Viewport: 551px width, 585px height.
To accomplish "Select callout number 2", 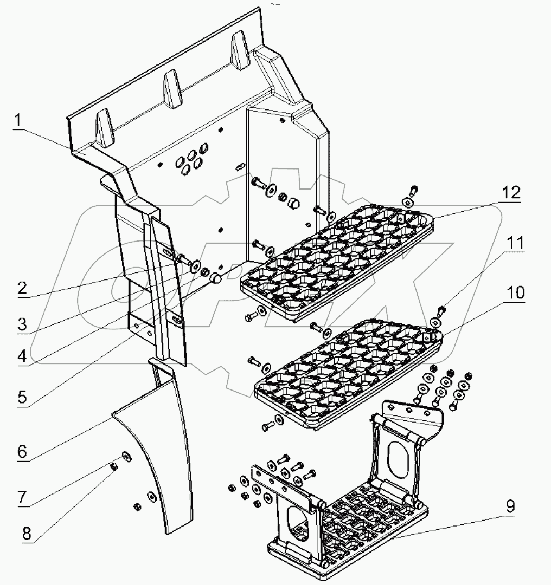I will pos(22,288).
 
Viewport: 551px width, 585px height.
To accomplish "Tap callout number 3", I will pos(22,325).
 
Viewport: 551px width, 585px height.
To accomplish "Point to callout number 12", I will pos(511,193).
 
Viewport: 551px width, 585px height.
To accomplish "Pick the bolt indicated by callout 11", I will pos(440,310).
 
